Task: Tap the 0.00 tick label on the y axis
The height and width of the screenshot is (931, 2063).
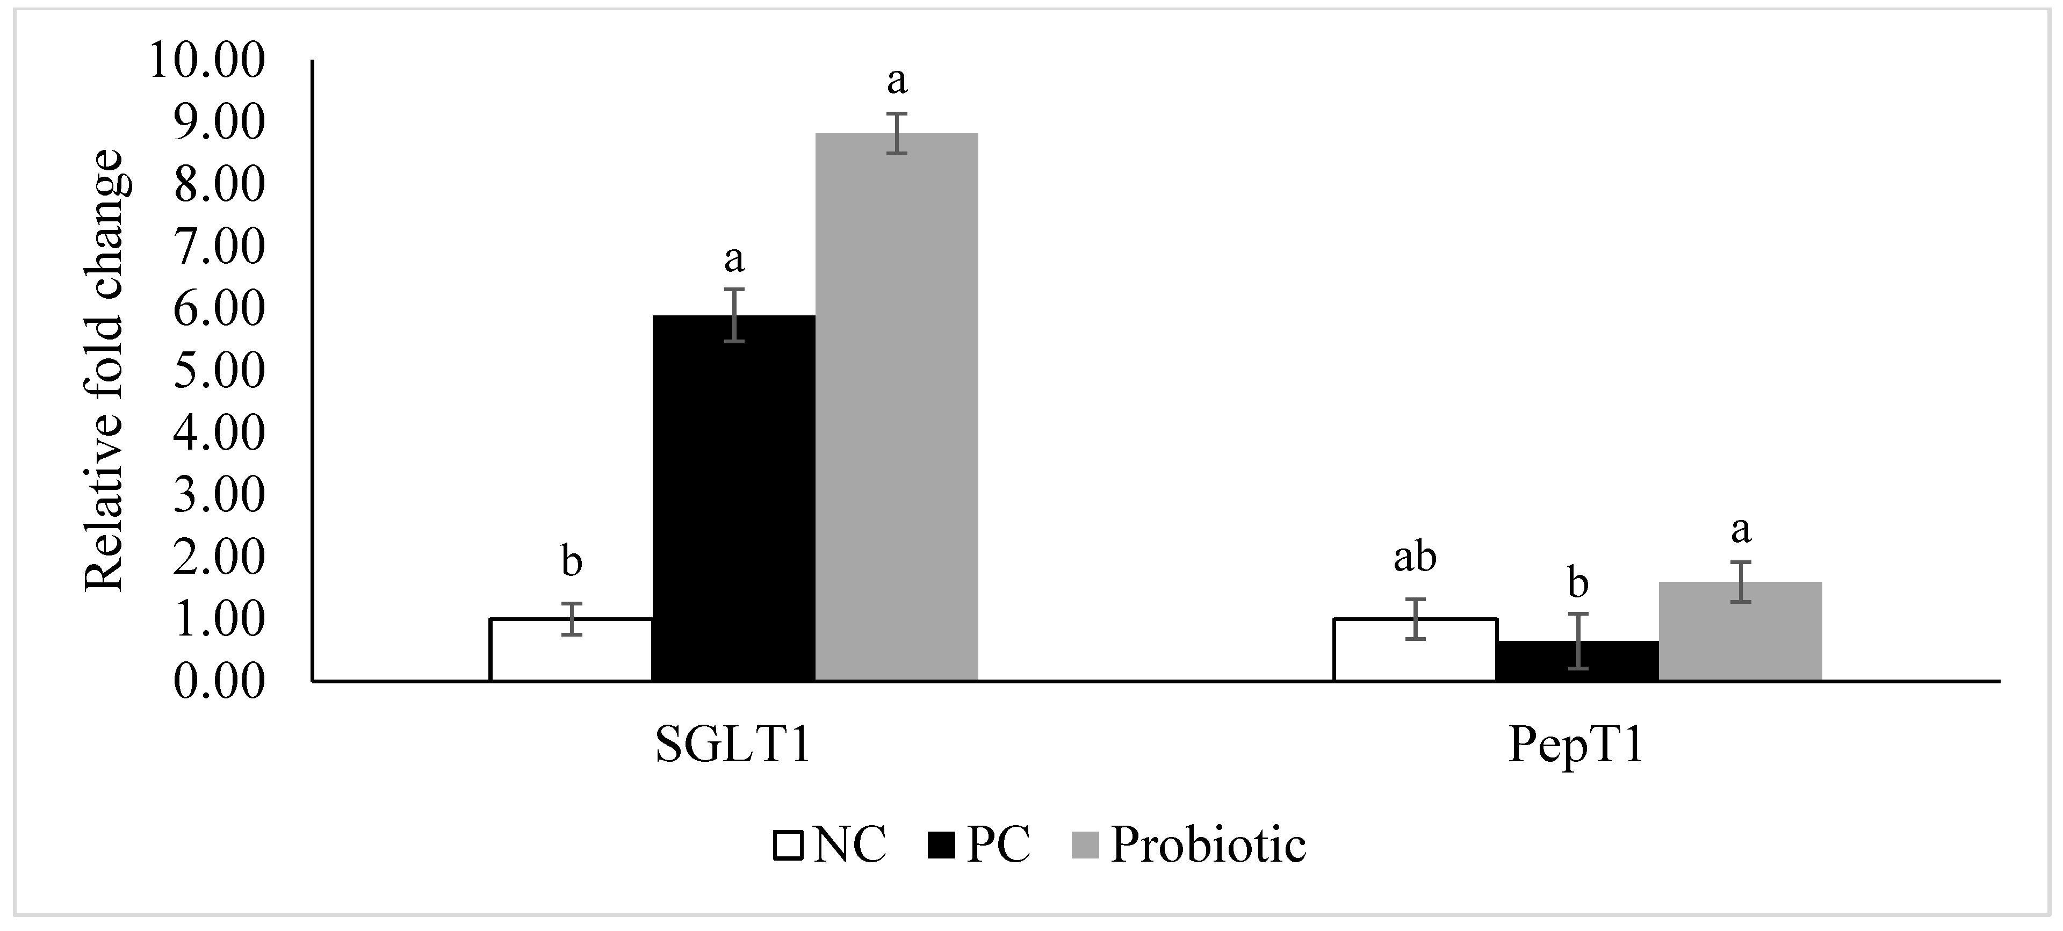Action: tap(218, 682)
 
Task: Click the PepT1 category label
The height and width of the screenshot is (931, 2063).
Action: tap(1576, 745)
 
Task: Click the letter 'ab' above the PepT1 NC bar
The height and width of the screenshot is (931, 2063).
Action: tap(1415, 558)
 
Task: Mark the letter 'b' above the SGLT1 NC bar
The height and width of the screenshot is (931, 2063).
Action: tap(571, 562)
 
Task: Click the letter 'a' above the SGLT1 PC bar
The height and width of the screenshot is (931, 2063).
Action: tap(733, 258)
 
